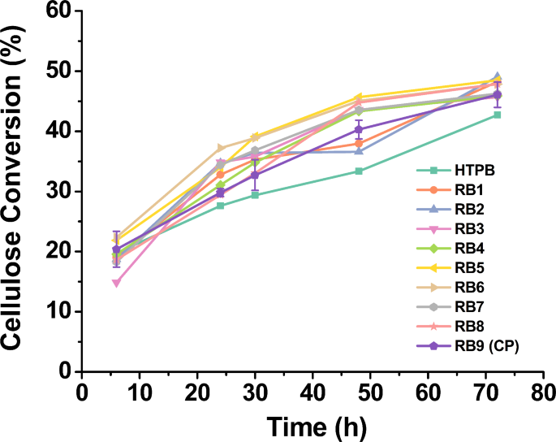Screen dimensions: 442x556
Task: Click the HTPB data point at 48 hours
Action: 359,171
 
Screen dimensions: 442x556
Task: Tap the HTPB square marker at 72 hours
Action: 497,115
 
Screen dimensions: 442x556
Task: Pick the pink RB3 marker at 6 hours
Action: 117,283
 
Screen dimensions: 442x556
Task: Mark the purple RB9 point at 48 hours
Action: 359,129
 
